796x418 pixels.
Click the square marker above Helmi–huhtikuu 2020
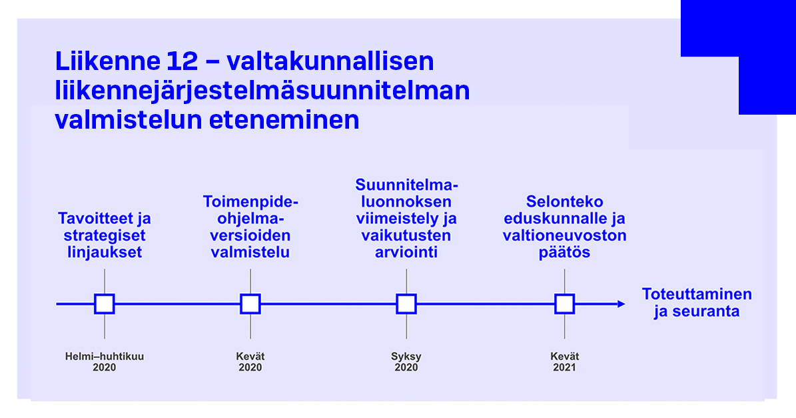click(x=105, y=304)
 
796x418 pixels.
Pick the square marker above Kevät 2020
click(x=250, y=304)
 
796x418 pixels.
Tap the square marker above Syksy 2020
click(x=406, y=304)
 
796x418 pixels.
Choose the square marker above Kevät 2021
click(x=564, y=304)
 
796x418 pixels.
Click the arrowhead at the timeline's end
click(x=621, y=304)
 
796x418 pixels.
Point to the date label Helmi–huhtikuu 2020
click(x=105, y=362)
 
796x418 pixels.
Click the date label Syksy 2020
click(x=406, y=362)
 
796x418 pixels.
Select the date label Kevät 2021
click(x=564, y=362)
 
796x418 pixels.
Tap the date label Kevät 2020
click(x=250, y=362)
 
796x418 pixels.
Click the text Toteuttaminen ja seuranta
click(x=697, y=303)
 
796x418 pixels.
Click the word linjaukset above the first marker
click(x=105, y=253)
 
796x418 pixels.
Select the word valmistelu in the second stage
click(x=250, y=253)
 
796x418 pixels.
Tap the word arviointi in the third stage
click(x=406, y=253)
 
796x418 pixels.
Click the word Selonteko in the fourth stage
click(x=564, y=201)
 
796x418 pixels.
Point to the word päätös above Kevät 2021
click(x=564, y=253)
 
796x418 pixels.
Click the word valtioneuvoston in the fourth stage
click(x=564, y=235)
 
